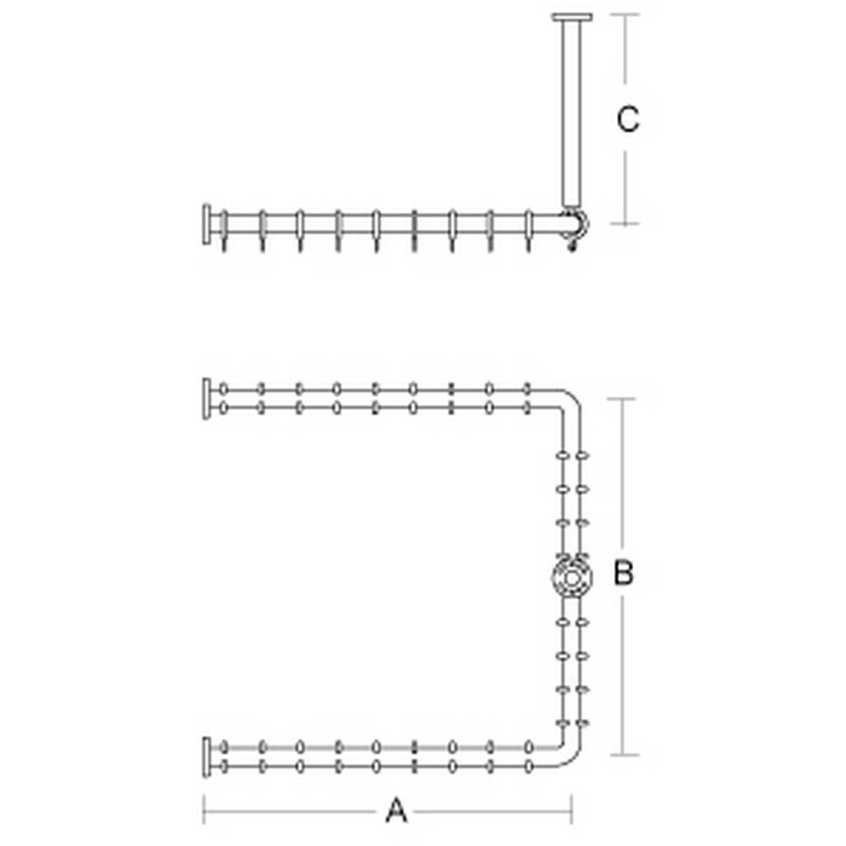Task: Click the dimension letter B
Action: [x=623, y=572]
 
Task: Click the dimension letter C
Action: [x=628, y=118]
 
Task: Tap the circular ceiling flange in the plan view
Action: [x=572, y=579]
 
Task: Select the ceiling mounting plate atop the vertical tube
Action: [x=572, y=18]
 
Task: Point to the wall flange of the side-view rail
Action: [x=207, y=224]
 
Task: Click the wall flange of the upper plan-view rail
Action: [x=207, y=398]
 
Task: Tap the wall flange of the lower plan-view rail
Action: [x=207, y=757]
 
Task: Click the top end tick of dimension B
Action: [x=622, y=399]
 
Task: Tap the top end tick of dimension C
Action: [x=625, y=15]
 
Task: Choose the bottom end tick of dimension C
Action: [x=625, y=224]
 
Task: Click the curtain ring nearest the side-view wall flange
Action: [x=224, y=231]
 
